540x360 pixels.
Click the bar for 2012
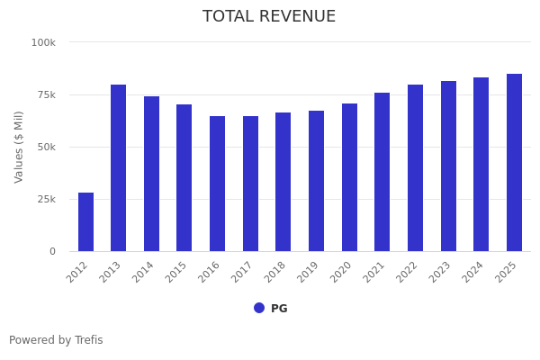[x=85, y=222]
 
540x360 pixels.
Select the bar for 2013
[x=119, y=168]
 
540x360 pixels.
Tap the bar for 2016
[x=218, y=184]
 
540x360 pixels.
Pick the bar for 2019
[x=316, y=181]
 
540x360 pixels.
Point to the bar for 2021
[x=382, y=172]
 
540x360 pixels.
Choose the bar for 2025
[x=514, y=163]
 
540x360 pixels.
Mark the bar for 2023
[x=448, y=166]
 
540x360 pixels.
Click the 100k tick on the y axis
[x=43, y=42]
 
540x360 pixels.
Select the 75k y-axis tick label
[x=46, y=94]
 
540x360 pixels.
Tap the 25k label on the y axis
[x=46, y=199]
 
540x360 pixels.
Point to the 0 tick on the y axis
[x=52, y=251]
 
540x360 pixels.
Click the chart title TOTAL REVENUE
[x=269, y=17]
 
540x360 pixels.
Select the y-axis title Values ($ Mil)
[x=19, y=147]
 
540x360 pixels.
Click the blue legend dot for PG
[x=259, y=308]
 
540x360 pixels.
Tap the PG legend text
[x=279, y=309]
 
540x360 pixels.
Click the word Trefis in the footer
[x=88, y=340]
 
